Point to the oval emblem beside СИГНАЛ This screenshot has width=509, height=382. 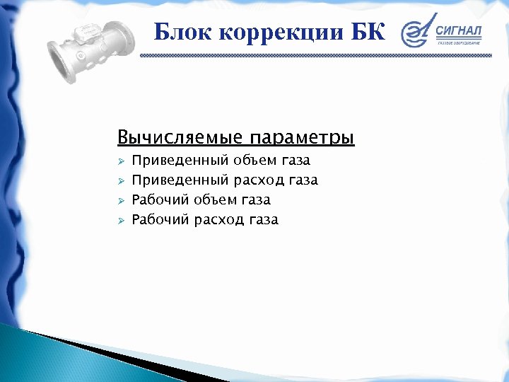coord(416,33)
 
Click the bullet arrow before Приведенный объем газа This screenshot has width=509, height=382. coord(121,161)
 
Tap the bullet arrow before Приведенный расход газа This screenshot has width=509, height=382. coord(121,181)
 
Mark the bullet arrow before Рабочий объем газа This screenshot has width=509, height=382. coord(121,201)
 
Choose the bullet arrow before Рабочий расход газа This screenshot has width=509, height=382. coord(121,220)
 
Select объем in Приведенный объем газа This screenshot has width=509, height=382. coord(252,161)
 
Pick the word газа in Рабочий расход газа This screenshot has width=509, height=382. coord(264,220)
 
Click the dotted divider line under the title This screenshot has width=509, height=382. coord(315,54)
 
